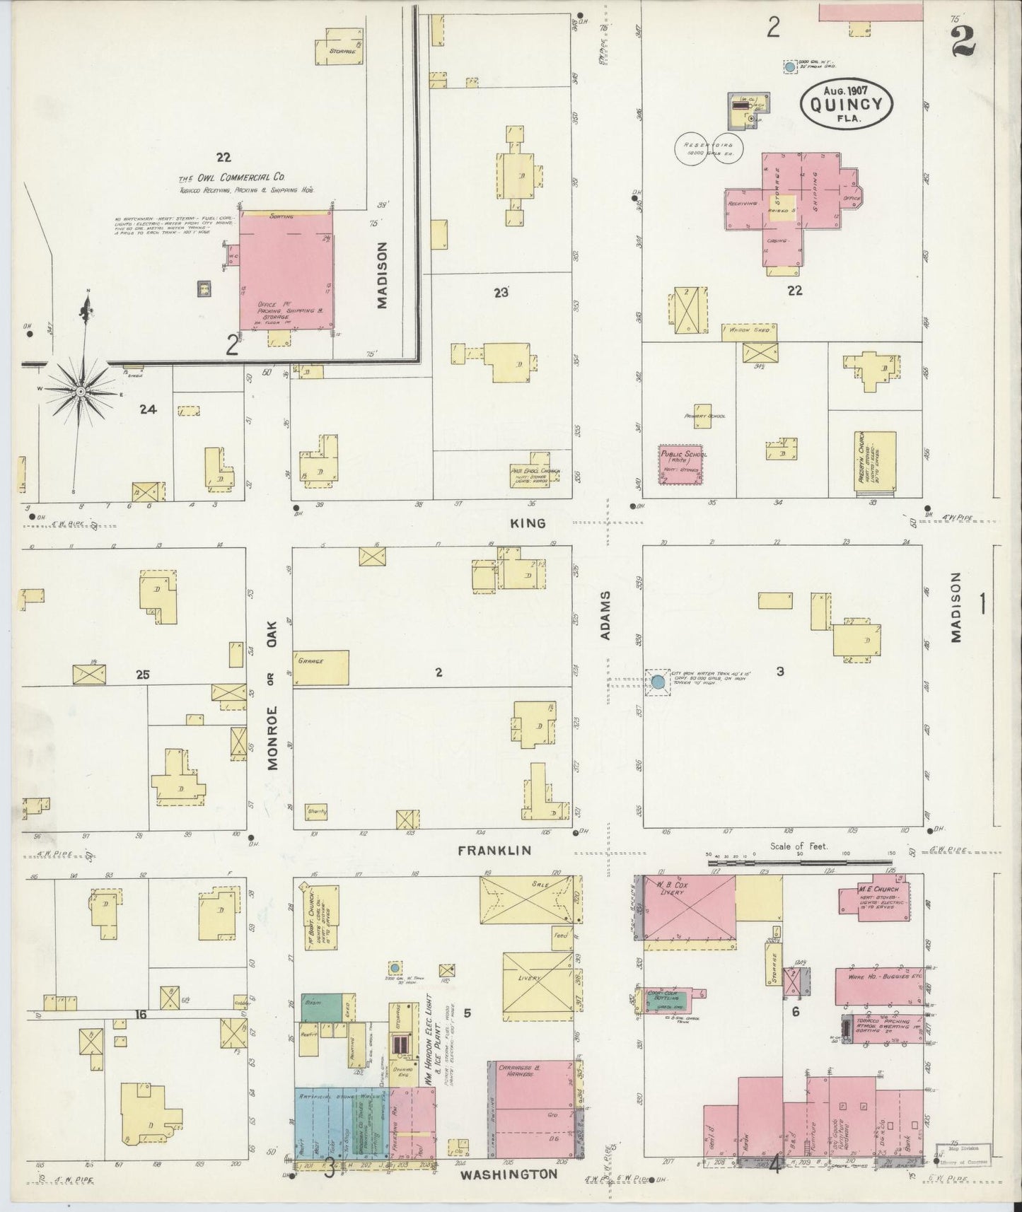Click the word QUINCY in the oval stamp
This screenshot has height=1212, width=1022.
tap(846, 103)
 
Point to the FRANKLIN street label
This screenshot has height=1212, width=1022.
tap(494, 851)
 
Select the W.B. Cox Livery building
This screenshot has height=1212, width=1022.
tap(688, 907)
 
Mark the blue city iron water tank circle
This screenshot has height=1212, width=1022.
tap(658, 682)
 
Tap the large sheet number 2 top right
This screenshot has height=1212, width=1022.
tap(963, 40)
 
